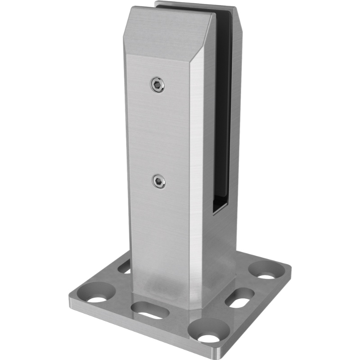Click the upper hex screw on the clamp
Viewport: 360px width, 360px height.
point(157,84)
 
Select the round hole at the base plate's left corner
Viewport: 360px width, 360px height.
point(96,297)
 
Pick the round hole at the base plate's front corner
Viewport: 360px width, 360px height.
point(207,336)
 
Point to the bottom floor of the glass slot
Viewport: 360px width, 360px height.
point(220,207)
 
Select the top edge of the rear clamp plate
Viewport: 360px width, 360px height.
point(193,6)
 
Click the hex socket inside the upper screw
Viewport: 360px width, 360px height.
point(157,84)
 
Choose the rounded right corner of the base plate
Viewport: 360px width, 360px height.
point(288,270)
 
